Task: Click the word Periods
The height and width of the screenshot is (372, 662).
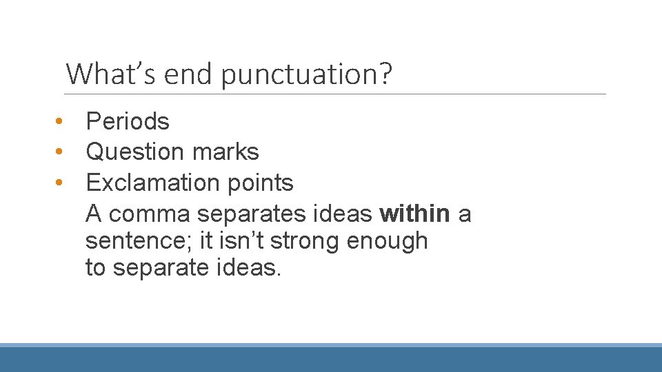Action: (x=128, y=121)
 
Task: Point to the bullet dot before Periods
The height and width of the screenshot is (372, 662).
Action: (x=61, y=122)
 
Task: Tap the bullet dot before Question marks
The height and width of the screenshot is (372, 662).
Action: (x=61, y=153)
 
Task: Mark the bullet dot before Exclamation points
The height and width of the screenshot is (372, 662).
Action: (x=61, y=184)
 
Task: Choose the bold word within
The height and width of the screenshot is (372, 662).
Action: (x=414, y=214)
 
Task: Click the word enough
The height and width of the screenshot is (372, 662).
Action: (x=388, y=242)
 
